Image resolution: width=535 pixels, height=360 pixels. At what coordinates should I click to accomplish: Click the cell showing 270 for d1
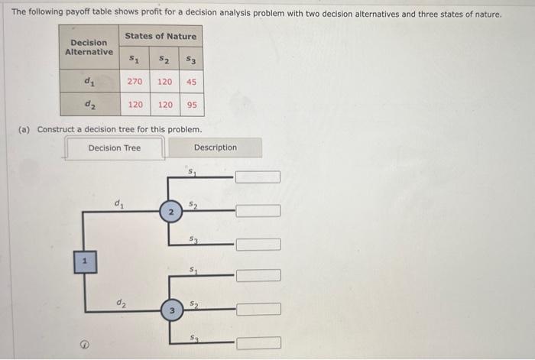pyautogui.click(x=135, y=81)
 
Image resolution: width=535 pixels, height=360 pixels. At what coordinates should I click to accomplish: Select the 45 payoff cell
pyautogui.click(x=191, y=81)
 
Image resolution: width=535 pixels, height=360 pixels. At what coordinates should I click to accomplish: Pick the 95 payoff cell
pyautogui.click(x=191, y=105)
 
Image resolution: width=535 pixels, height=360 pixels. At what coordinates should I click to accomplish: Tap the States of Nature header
pyautogui.click(x=160, y=36)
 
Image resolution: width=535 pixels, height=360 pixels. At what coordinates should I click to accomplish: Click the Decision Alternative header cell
pyautogui.click(x=89, y=47)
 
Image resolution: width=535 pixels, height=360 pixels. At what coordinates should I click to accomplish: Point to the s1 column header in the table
pyautogui.click(x=135, y=58)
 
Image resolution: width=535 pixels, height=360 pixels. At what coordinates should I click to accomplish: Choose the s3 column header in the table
pyautogui.click(x=191, y=58)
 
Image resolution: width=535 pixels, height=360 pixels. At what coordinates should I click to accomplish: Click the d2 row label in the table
pyautogui.click(x=89, y=105)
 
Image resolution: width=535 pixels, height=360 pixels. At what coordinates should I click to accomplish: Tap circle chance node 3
pyautogui.click(x=173, y=310)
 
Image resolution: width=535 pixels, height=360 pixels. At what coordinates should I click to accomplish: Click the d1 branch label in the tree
pyautogui.click(x=118, y=203)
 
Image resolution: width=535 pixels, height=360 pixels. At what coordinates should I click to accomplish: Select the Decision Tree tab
pyautogui.click(x=115, y=148)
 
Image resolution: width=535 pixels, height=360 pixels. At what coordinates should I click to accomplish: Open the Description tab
pyautogui.click(x=216, y=148)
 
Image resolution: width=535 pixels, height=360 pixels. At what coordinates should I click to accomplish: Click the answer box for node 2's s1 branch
pyautogui.click(x=258, y=177)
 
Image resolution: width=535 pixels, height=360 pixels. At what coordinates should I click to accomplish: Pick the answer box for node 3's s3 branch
pyautogui.click(x=258, y=343)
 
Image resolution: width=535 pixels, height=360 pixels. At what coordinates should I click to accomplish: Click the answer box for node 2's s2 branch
pyautogui.click(x=258, y=210)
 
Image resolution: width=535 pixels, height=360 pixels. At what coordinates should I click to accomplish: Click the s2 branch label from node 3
pyautogui.click(x=196, y=303)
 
